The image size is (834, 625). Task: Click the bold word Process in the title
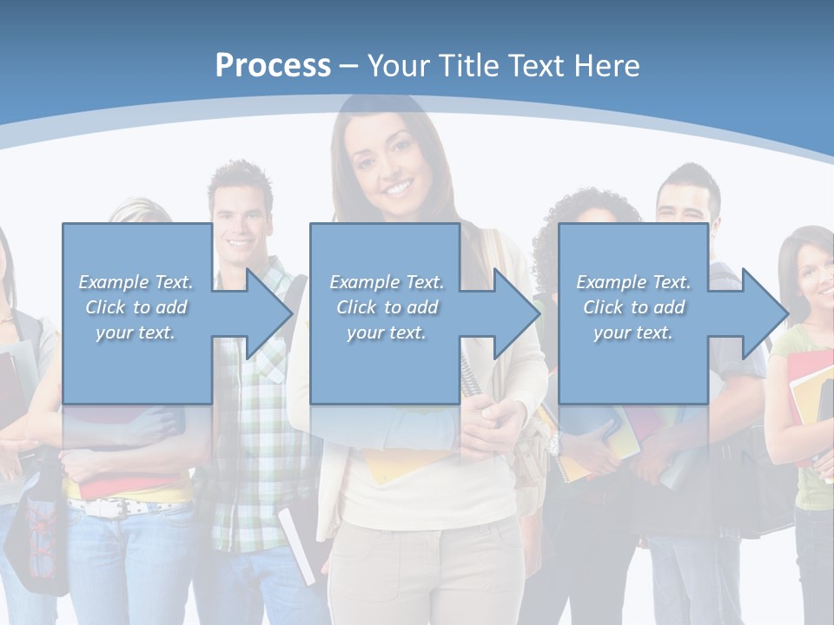(x=273, y=66)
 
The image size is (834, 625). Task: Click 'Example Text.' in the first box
(x=136, y=282)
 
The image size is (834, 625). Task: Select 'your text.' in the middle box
(x=386, y=332)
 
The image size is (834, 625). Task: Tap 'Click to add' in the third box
(x=633, y=307)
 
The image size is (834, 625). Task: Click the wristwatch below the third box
(x=553, y=443)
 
